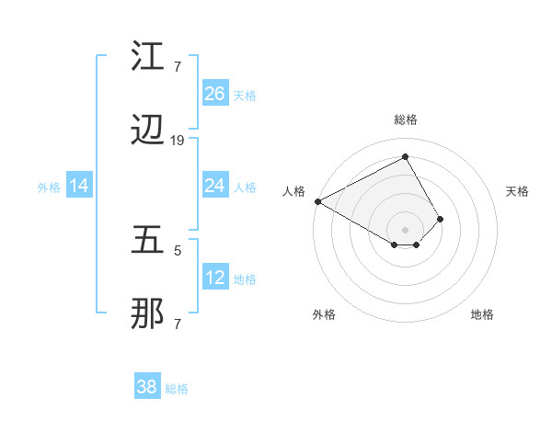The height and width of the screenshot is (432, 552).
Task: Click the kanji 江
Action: [148, 56]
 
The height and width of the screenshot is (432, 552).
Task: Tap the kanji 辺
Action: [148, 134]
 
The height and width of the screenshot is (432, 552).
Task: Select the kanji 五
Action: [148, 241]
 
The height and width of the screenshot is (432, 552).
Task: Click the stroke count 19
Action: [178, 141]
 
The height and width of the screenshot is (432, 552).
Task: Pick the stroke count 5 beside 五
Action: [177, 248]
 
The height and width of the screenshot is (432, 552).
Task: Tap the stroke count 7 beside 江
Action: [177, 66]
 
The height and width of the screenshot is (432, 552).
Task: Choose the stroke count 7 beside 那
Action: [177, 323]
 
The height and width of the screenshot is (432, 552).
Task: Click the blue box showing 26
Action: [215, 94]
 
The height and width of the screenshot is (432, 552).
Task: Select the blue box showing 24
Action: [215, 186]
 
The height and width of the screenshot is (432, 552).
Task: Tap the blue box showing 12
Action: [215, 278]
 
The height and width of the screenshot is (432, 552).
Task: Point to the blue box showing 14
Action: [79, 186]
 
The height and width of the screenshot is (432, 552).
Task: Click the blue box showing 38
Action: [147, 387]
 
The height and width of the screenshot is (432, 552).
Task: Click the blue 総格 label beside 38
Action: [177, 389]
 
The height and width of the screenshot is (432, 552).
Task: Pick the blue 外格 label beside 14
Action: [49, 188]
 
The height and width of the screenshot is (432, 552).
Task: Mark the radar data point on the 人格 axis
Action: [317, 201]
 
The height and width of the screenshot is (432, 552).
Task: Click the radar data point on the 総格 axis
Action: [405, 157]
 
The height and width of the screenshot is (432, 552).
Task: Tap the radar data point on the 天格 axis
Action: [441, 219]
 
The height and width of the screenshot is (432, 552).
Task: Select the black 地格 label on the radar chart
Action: [482, 315]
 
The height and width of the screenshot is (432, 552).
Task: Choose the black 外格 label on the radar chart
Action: [324, 315]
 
